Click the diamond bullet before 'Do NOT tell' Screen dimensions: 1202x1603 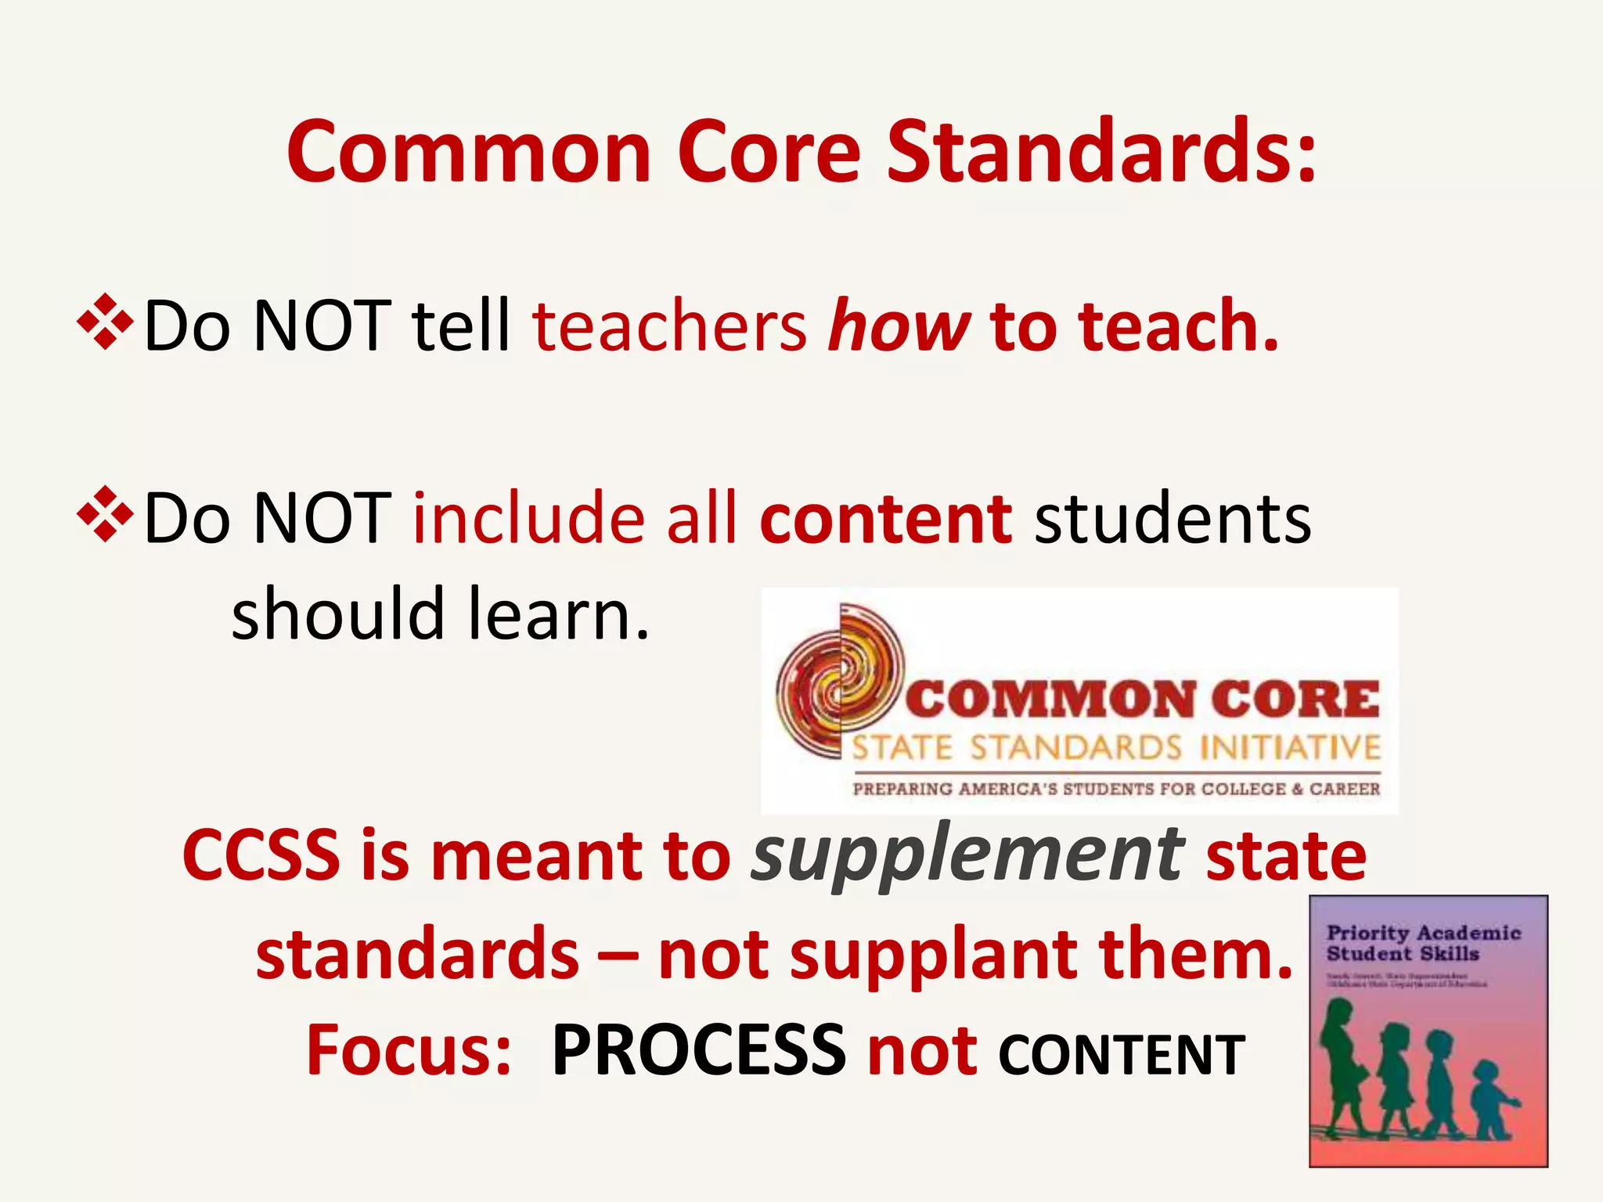coord(105,321)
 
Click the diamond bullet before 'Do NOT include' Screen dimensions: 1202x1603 coord(105,514)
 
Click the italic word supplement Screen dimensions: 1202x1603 coord(967,856)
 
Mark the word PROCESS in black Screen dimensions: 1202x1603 coord(698,1050)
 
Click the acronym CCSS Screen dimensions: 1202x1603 coord(261,856)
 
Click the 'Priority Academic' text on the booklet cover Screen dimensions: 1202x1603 coord(1423,933)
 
